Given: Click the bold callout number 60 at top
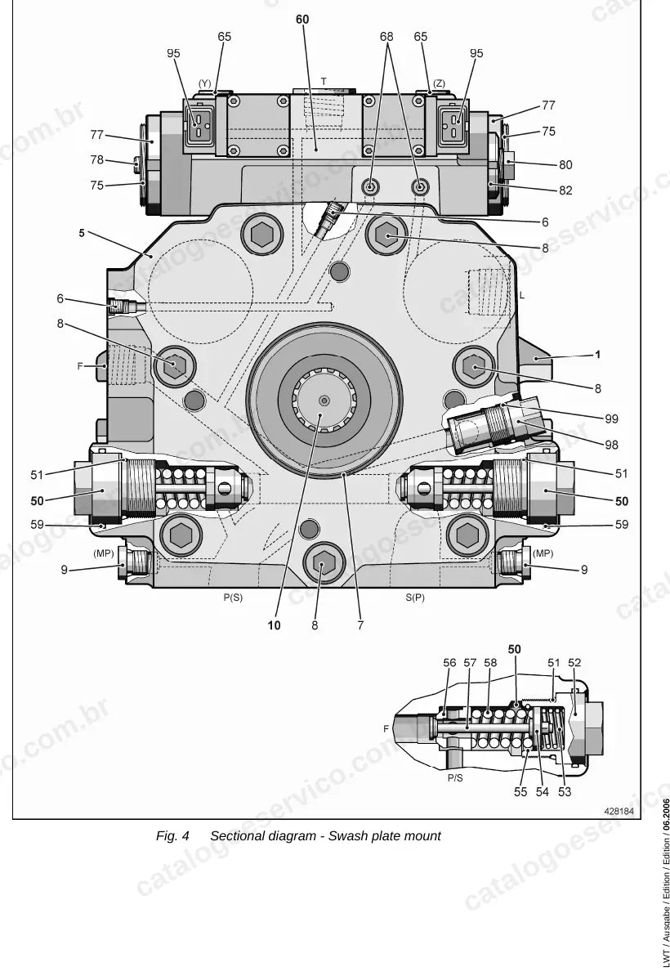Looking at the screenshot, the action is tap(302, 20).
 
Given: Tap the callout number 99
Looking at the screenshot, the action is tap(611, 419).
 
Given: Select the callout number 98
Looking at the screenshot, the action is tap(611, 445).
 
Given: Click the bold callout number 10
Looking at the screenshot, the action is tap(275, 625).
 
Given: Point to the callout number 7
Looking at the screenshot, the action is tap(361, 625).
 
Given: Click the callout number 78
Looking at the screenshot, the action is tap(97, 160).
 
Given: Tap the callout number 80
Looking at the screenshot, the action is tap(565, 165).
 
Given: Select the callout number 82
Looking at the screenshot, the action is tap(565, 190).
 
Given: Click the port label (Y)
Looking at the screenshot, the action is tap(204, 83).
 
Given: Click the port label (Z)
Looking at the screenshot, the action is tap(440, 83).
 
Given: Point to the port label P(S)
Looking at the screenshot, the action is tap(234, 598).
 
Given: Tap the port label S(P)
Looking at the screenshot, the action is tap(415, 598).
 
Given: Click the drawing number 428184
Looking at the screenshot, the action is tap(619, 811).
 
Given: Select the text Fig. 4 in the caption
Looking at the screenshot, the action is tap(173, 836).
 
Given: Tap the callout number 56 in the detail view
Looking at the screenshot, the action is tap(449, 663).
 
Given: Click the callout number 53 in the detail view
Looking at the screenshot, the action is tap(565, 792).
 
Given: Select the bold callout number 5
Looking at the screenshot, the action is tap(82, 234).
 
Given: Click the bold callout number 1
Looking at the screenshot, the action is tap(598, 355).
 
